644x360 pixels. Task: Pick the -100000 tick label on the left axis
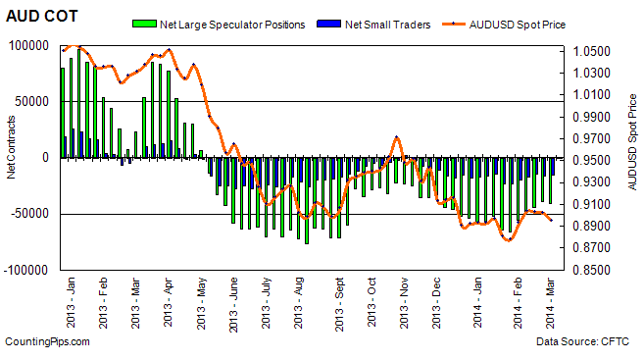(30, 270)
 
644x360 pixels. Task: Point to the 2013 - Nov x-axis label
(404, 300)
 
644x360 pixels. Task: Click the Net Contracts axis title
(11, 157)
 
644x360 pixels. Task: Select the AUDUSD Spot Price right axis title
(632, 157)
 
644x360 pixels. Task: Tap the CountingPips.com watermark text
(47, 341)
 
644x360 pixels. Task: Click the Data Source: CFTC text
(585, 341)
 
